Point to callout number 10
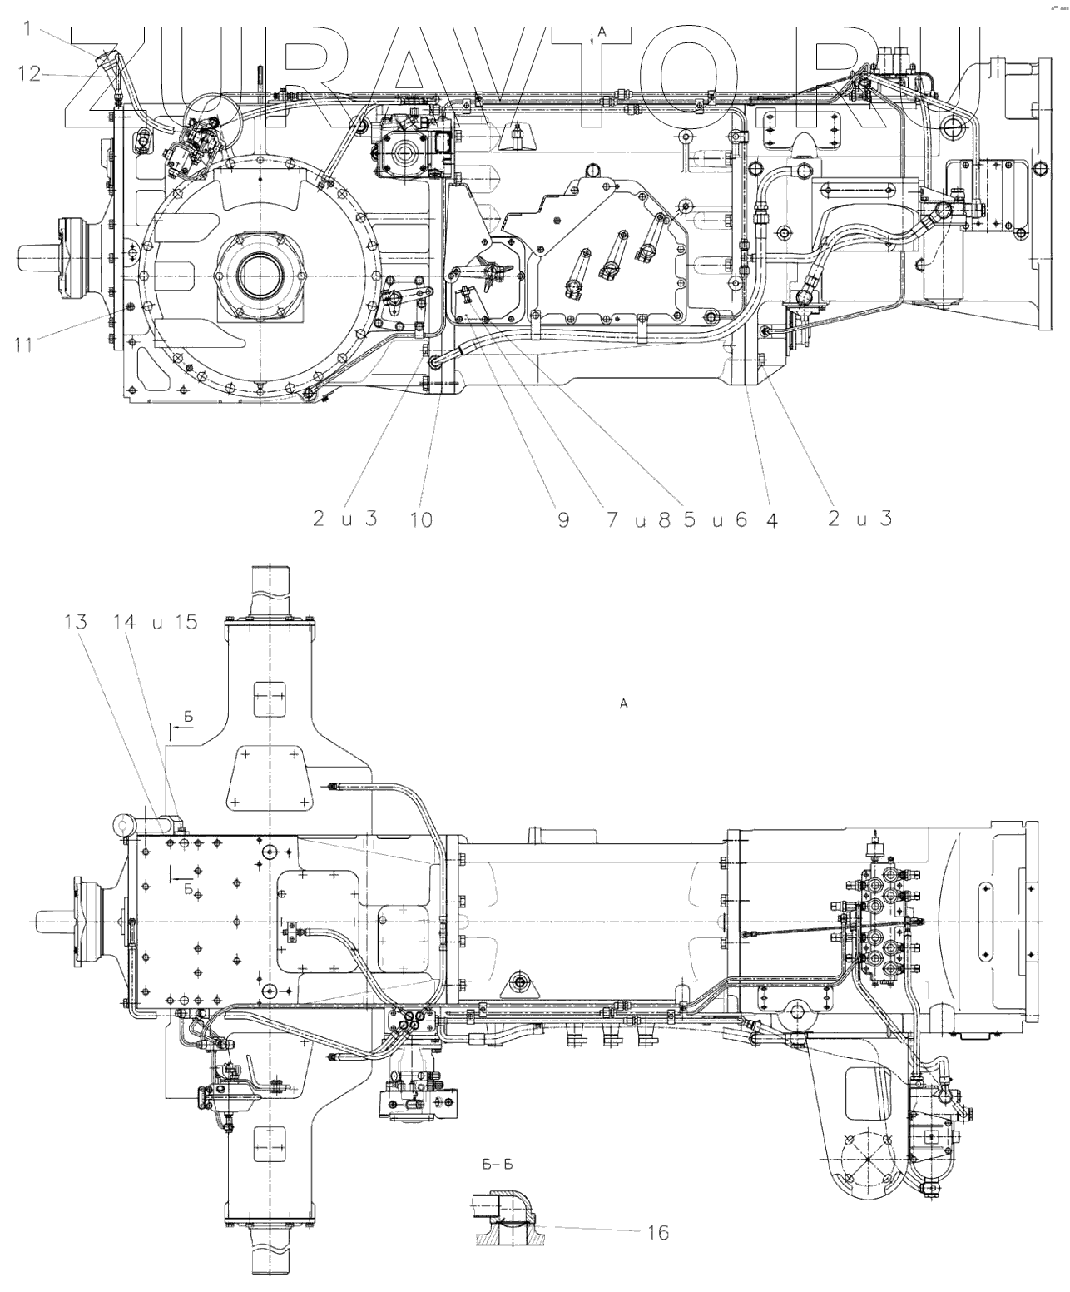[421, 519]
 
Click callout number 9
[563, 519]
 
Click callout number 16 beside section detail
[657, 1231]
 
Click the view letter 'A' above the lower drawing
[622, 704]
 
